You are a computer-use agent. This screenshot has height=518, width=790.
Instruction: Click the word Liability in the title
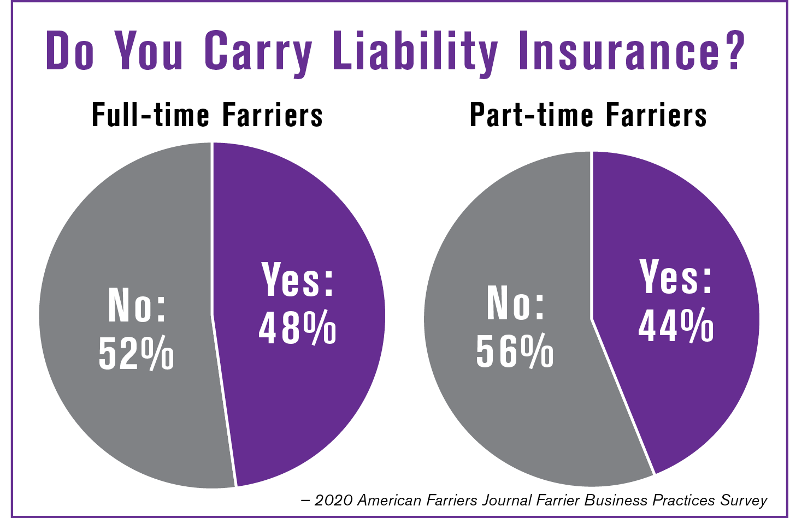click(415, 52)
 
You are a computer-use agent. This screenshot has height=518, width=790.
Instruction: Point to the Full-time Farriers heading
click(207, 115)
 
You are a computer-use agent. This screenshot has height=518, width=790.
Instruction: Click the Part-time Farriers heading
click(588, 115)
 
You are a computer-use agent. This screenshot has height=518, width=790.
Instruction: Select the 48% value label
click(297, 328)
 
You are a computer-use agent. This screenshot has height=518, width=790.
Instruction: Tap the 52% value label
click(136, 353)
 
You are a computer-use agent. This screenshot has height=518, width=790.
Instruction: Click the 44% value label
click(676, 326)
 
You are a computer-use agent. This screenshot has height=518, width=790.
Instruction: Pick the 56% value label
click(515, 351)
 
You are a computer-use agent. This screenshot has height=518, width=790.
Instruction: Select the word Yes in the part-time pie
click(676, 277)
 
